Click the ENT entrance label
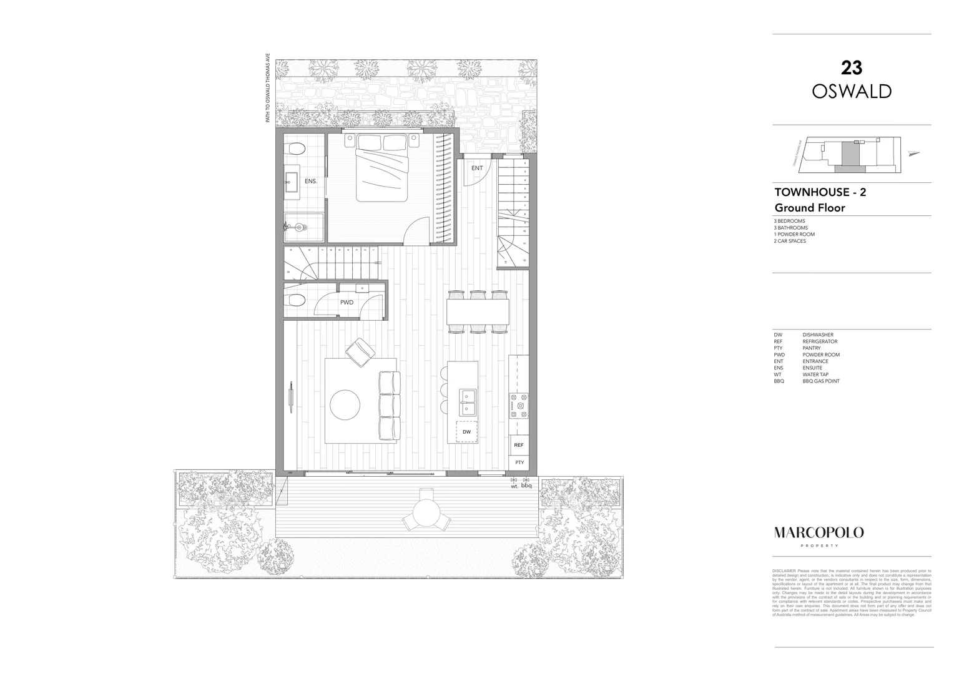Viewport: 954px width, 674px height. (x=477, y=168)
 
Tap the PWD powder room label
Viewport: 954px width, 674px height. (x=347, y=302)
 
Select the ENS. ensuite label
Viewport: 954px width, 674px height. (x=311, y=181)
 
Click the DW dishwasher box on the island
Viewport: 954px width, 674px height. (x=466, y=431)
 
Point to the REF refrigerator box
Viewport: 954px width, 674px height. (x=518, y=445)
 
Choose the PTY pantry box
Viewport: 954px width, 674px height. (x=519, y=462)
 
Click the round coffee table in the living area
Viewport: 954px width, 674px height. (x=345, y=404)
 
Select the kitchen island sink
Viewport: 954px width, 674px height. (x=468, y=402)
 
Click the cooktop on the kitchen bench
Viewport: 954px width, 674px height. (x=519, y=406)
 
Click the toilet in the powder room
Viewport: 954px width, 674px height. (x=295, y=301)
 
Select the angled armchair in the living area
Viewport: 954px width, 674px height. (x=360, y=352)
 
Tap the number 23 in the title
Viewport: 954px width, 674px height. (x=852, y=67)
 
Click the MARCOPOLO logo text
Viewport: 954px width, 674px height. (x=819, y=532)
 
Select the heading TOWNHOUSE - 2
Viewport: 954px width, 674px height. (x=820, y=192)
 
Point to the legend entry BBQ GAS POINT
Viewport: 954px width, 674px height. (x=821, y=381)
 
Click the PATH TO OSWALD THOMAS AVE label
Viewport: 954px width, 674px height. (x=268, y=87)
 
